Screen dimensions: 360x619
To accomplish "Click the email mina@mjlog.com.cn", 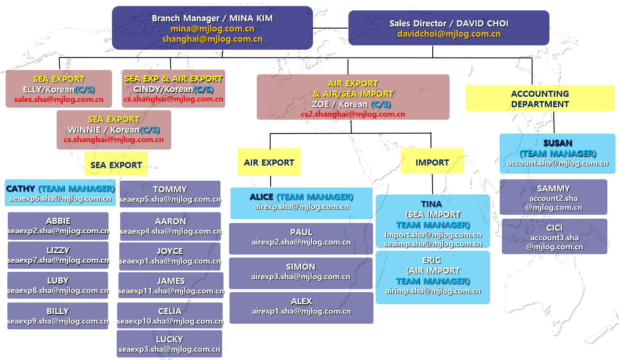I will click(x=212, y=29).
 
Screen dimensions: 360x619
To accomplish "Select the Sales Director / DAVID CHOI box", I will click(x=449, y=28).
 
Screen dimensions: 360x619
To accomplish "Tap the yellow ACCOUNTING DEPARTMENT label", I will click(x=540, y=99).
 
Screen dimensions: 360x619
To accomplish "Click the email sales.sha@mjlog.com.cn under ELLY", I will click(x=59, y=99).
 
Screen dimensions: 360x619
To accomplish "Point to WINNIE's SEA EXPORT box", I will click(x=114, y=130).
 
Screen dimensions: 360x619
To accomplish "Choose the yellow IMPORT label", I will click(x=432, y=162).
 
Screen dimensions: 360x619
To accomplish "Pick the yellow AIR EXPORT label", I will click(x=269, y=162).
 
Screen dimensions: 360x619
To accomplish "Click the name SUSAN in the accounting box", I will click(x=558, y=143).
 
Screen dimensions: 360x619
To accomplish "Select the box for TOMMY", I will click(x=170, y=194).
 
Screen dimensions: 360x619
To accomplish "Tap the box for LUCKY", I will click(x=169, y=344).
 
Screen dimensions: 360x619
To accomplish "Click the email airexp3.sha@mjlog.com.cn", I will click(x=301, y=277).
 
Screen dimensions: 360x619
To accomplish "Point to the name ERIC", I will click(x=432, y=260).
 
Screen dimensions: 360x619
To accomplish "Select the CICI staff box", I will click(x=554, y=236).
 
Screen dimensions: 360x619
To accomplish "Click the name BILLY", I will click(x=58, y=311).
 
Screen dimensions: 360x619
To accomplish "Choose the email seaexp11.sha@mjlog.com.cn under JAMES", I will click(x=171, y=291).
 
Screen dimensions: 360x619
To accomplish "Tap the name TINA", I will click(x=431, y=204).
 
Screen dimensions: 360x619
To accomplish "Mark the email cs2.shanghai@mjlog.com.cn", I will click(x=353, y=115).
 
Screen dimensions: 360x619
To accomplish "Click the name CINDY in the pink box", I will click(x=146, y=89).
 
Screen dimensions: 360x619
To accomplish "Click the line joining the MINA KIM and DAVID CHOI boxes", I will click(x=331, y=28).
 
